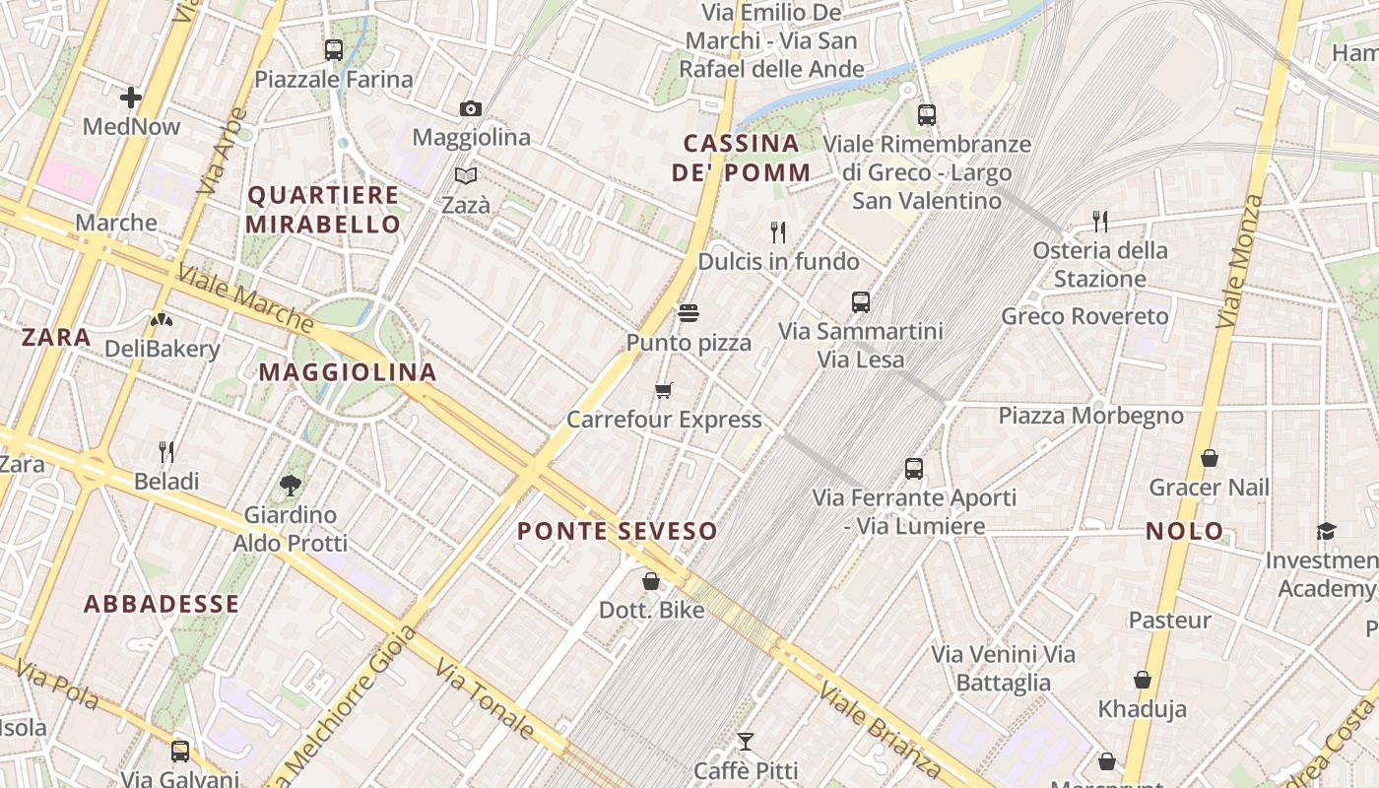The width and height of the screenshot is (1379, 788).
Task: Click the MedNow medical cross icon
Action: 131,97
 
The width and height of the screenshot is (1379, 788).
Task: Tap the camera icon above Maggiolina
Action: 471,108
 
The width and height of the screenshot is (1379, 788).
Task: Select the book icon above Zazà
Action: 466,176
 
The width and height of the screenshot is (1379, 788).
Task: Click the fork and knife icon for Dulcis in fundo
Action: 778,232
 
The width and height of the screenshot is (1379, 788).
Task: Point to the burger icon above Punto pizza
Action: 689,313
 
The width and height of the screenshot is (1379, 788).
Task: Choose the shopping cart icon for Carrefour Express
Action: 664,390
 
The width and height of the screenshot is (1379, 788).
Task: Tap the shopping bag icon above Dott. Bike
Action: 651,581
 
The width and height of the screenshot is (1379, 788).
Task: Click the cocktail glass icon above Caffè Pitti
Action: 746,741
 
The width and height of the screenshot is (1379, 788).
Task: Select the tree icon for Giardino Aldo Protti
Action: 291,485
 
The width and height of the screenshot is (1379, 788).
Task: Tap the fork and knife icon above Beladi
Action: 166,452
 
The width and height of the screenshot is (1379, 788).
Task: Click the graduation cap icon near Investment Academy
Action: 1326,532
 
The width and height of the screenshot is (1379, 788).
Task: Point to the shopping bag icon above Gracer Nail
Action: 1210,458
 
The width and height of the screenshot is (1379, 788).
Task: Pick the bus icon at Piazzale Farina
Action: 334,49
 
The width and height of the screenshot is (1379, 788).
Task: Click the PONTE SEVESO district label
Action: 618,531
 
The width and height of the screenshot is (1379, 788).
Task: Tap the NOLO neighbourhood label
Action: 1184,531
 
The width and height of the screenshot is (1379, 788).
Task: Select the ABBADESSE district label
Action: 162,604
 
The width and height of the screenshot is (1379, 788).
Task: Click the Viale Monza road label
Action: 1240,261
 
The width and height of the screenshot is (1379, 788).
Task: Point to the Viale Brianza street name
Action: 881,729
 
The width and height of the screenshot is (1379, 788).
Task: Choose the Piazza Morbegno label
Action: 1091,416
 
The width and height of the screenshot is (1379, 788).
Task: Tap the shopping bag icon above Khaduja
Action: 1143,680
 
